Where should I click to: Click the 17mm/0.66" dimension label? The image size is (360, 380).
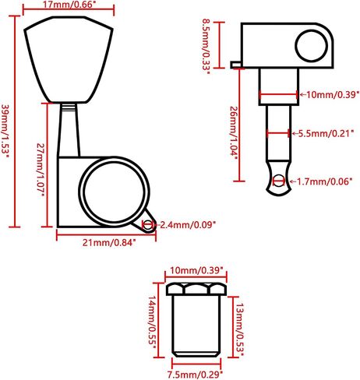69,5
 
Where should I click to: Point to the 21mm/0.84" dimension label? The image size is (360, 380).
109,243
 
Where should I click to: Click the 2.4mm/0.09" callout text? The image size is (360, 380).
188,224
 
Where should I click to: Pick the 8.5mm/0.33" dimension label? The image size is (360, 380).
206,46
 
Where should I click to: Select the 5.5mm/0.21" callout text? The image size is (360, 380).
326,133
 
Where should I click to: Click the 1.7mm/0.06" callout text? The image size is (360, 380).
324,181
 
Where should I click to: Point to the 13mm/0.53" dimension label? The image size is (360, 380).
240,327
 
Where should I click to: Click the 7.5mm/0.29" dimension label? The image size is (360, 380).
195,375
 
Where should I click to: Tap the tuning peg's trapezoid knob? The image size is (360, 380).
69,59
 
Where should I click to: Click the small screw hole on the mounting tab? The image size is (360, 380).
148,225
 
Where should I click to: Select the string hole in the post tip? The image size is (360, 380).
279,181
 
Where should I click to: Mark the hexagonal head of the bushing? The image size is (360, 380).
196,290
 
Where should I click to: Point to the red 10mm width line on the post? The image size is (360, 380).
278,95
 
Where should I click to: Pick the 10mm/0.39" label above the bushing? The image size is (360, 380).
196,270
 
